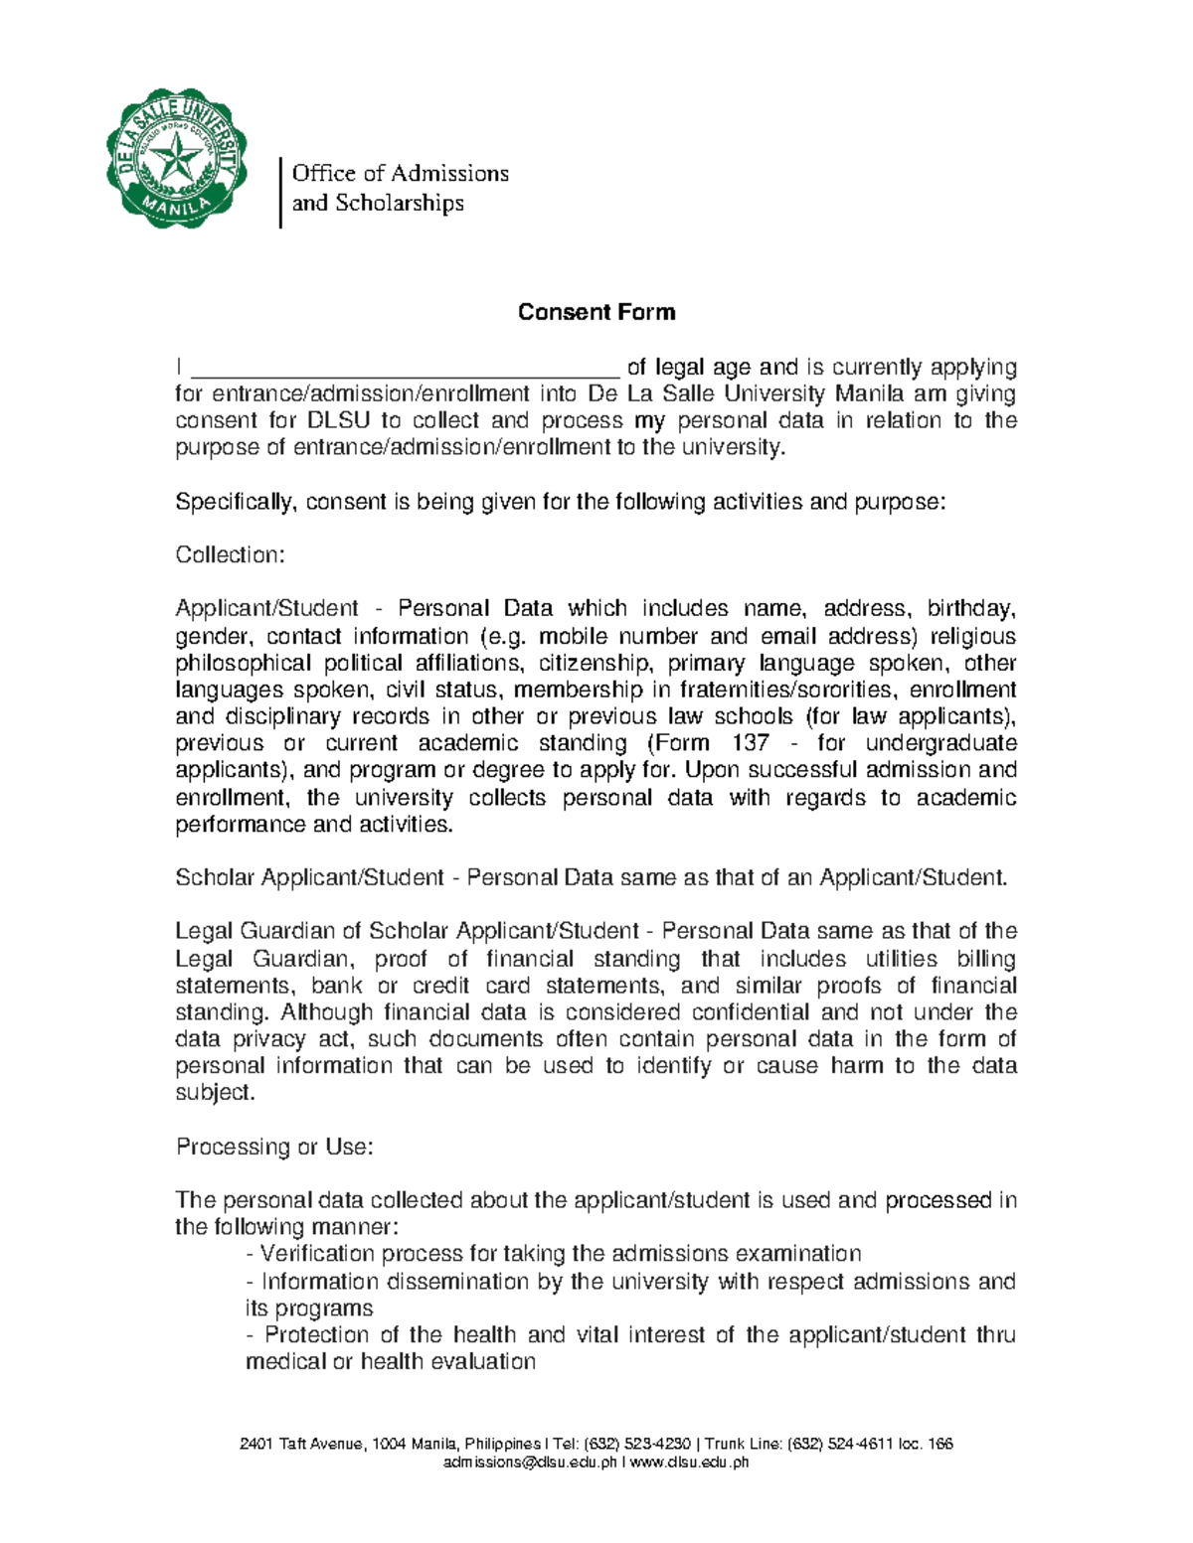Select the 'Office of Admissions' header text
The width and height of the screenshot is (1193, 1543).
tap(400, 173)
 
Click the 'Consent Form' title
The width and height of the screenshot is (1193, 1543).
tap(596, 312)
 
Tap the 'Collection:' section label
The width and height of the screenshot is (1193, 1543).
tap(230, 554)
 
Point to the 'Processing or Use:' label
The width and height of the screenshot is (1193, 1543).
tap(274, 1147)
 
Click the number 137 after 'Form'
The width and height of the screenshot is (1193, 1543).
tap(750, 743)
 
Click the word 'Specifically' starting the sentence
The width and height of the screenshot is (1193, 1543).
tap(235, 502)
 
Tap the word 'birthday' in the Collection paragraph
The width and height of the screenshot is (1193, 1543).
tap(970, 608)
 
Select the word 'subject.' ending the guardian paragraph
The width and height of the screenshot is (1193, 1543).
tap(215, 1093)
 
